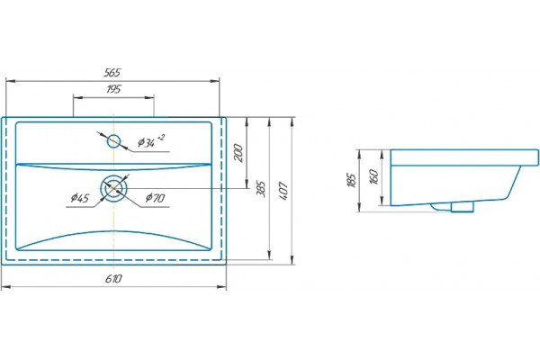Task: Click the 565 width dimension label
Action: (112, 72)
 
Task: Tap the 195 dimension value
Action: (113, 89)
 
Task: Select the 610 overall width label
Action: (113, 278)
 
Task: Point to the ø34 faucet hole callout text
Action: (151, 141)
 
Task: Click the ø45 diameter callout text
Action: (80, 198)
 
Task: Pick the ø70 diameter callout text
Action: (155, 198)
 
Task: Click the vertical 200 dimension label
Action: (238, 153)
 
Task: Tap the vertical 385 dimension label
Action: (261, 189)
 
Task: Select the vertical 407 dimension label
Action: (283, 192)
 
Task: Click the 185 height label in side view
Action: (352, 180)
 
